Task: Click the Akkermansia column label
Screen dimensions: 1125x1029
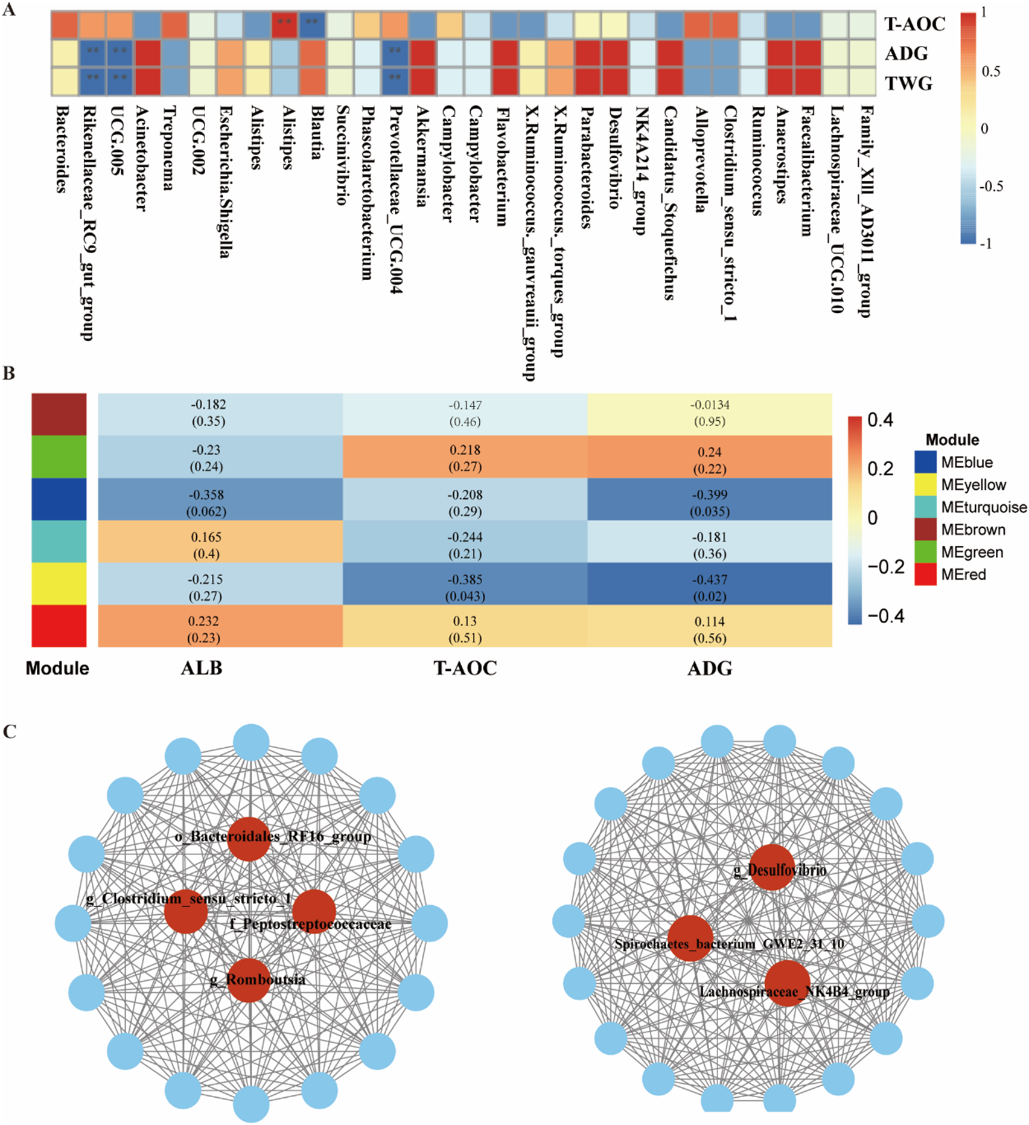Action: coord(421,157)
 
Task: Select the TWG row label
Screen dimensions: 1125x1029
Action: coord(908,83)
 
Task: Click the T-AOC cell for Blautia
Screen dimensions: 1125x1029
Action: coord(312,24)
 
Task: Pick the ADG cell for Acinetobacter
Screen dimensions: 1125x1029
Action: coord(147,53)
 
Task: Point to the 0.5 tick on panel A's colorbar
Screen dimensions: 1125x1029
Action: coord(990,71)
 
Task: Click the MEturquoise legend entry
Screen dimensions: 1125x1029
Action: coord(983,507)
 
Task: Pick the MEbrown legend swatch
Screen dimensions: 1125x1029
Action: coord(925,530)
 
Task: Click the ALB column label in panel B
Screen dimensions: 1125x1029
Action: coord(202,668)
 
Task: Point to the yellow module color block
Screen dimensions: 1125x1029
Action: coord(59,584)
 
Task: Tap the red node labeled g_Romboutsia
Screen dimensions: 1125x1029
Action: coord(248,980)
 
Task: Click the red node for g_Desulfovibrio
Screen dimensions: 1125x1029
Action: coord(772,868)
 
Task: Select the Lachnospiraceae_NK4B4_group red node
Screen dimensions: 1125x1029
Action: coord(788,984)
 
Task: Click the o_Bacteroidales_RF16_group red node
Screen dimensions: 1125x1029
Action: coord(248,839)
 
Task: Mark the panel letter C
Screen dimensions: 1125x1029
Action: coord(10,732)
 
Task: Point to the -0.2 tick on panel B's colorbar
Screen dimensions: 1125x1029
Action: coord(885,567)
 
